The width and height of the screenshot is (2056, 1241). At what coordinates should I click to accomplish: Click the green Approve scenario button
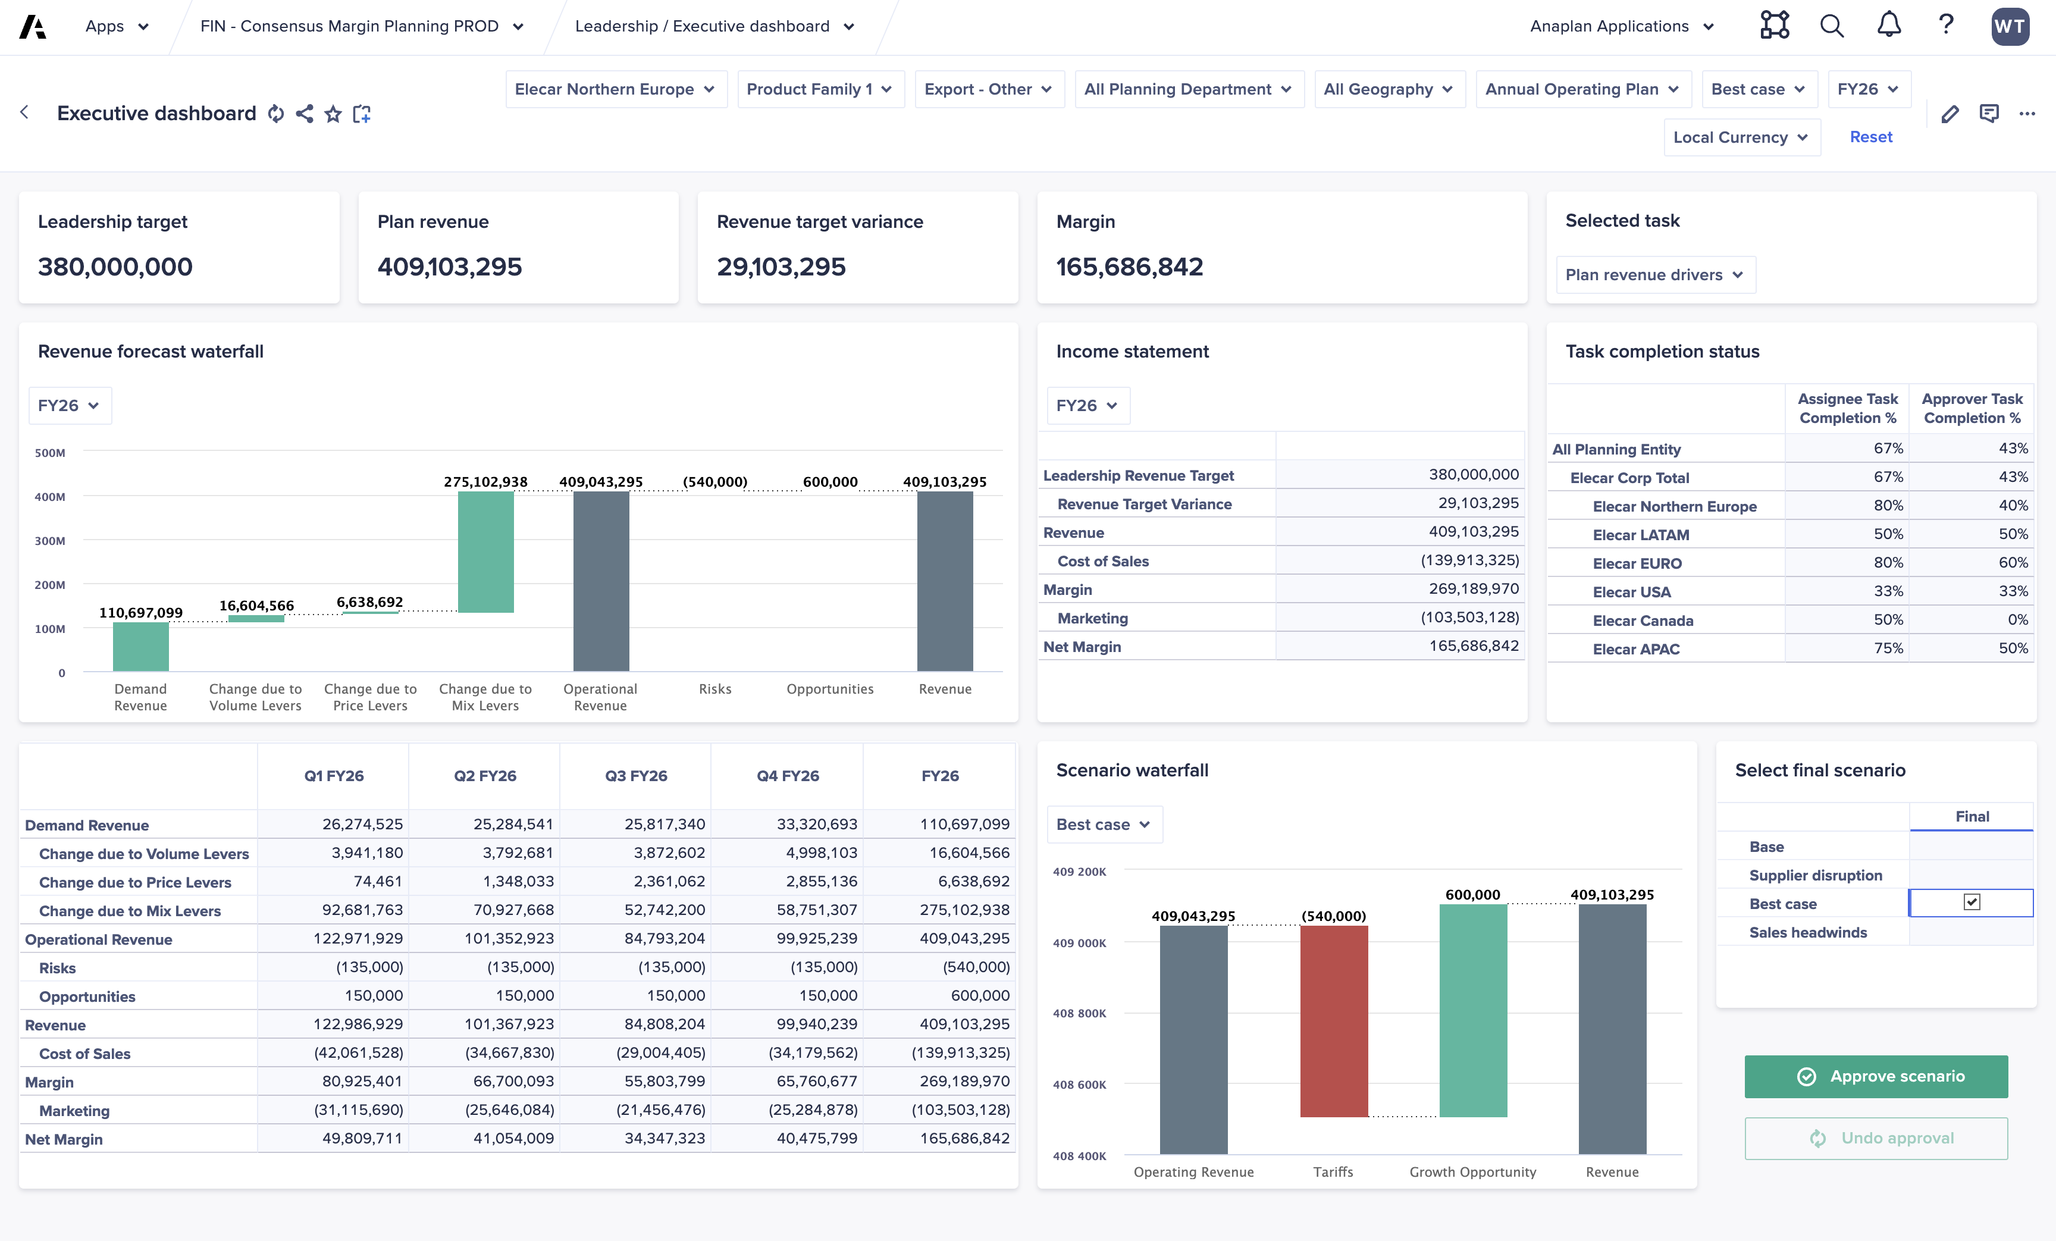pyautogui.click(x=1875, y=1077)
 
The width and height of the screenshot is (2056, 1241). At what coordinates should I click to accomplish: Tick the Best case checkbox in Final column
pyautogui.click(x=1971, y=902)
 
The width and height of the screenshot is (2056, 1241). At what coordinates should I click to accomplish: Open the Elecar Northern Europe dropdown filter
pyautogui.click(x=615, y=89)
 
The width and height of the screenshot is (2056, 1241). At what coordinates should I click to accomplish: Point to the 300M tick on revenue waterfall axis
pyautogui.click(x=50, y=541)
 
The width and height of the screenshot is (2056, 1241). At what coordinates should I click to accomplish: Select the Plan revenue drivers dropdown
pyautogui.click(x=1654, y=275)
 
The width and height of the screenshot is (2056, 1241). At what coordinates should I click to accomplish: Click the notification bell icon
pyautogui.click(x=1888, y=26)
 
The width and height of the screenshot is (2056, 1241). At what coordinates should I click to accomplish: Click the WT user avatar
pyautogui.click(x=2009, y=26)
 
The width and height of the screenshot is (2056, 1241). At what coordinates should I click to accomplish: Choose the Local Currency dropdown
pyautogui.click(x=1741, y=137)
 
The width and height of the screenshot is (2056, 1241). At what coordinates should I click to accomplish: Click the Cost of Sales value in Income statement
pyautogui.click(x=1469, y=560)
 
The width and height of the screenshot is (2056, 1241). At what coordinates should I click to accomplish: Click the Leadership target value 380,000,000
pyautogui.click(x=115, y=267)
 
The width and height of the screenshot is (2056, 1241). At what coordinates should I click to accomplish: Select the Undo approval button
pyautogui.click(x=1875, y=1138)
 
